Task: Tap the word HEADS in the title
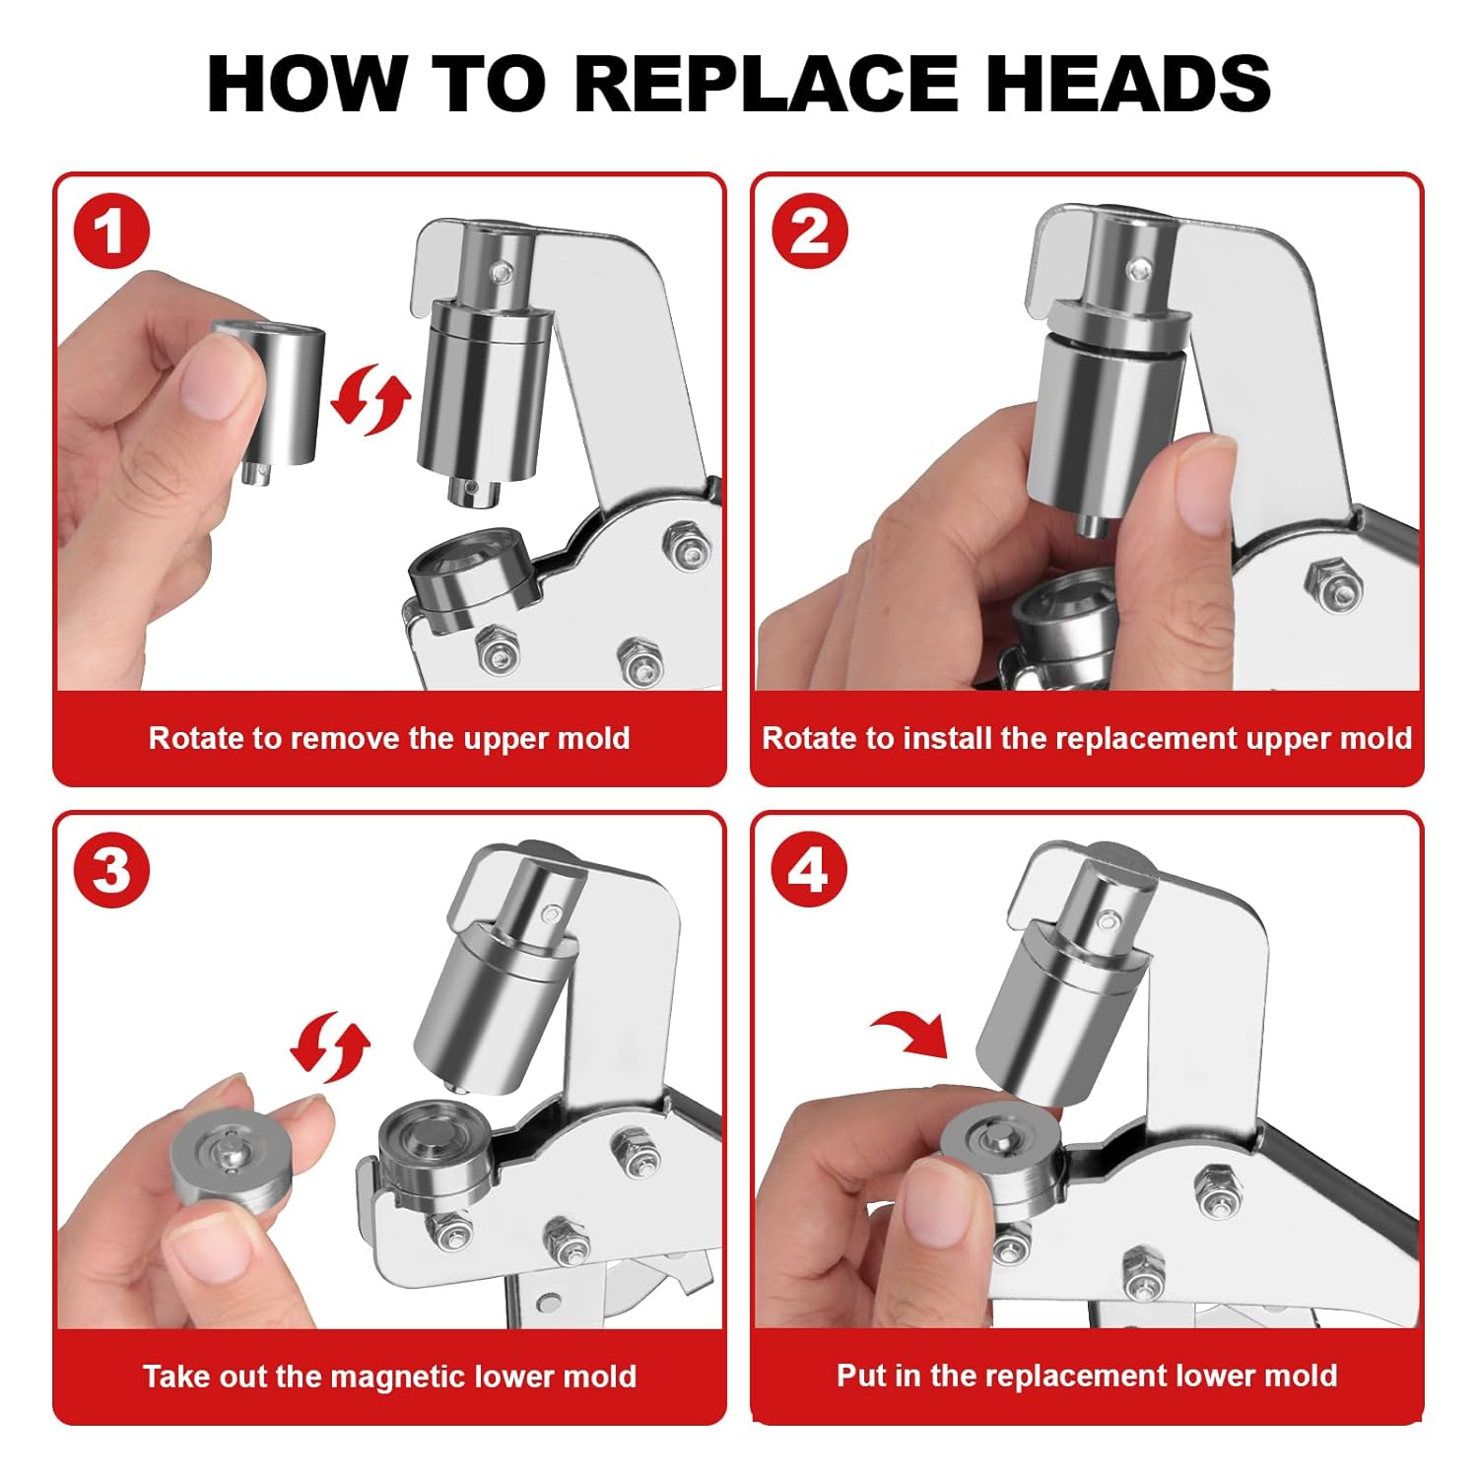coord(1128,83)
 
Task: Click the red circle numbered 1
coord(111,233)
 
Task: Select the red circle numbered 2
coord(810,233)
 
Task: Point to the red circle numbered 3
coord(111,871)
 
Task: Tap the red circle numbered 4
coord(810,871)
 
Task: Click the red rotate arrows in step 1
coord(369,399)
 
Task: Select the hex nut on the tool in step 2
coord(1330,584)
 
